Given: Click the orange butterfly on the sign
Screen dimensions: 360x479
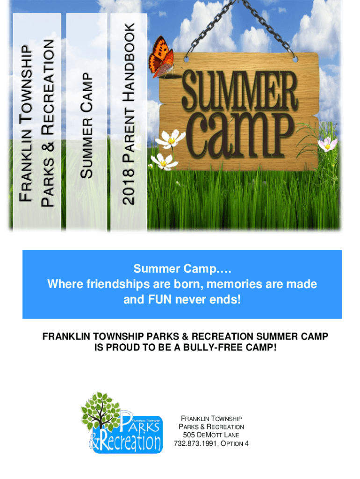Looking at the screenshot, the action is coord(161,57).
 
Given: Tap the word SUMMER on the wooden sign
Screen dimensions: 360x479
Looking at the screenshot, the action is coord(240,91).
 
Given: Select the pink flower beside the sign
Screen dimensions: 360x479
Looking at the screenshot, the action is coord(327,144).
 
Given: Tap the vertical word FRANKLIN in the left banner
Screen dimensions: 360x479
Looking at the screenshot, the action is coord(26,165).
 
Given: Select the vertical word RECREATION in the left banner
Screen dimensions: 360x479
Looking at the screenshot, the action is coord(48,87).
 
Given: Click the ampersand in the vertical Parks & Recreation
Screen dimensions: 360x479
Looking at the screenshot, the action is coord(48,146).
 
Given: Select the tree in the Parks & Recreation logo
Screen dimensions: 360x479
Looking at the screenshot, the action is coord(100,411).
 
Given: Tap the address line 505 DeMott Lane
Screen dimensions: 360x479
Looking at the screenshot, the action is coord(211,435).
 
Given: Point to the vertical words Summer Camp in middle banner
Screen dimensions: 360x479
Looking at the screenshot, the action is coord(86,125).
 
